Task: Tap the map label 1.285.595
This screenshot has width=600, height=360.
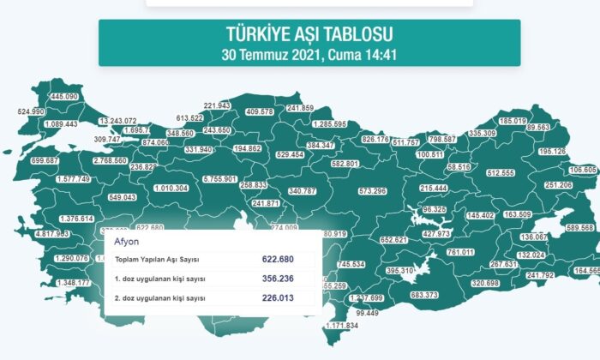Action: (329, 124)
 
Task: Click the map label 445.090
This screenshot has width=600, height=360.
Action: (65, 97)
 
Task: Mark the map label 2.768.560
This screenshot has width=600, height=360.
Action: (111, 160)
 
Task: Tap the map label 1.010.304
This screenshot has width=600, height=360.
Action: (171, 188)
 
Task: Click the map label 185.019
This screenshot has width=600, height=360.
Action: (513, 121)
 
